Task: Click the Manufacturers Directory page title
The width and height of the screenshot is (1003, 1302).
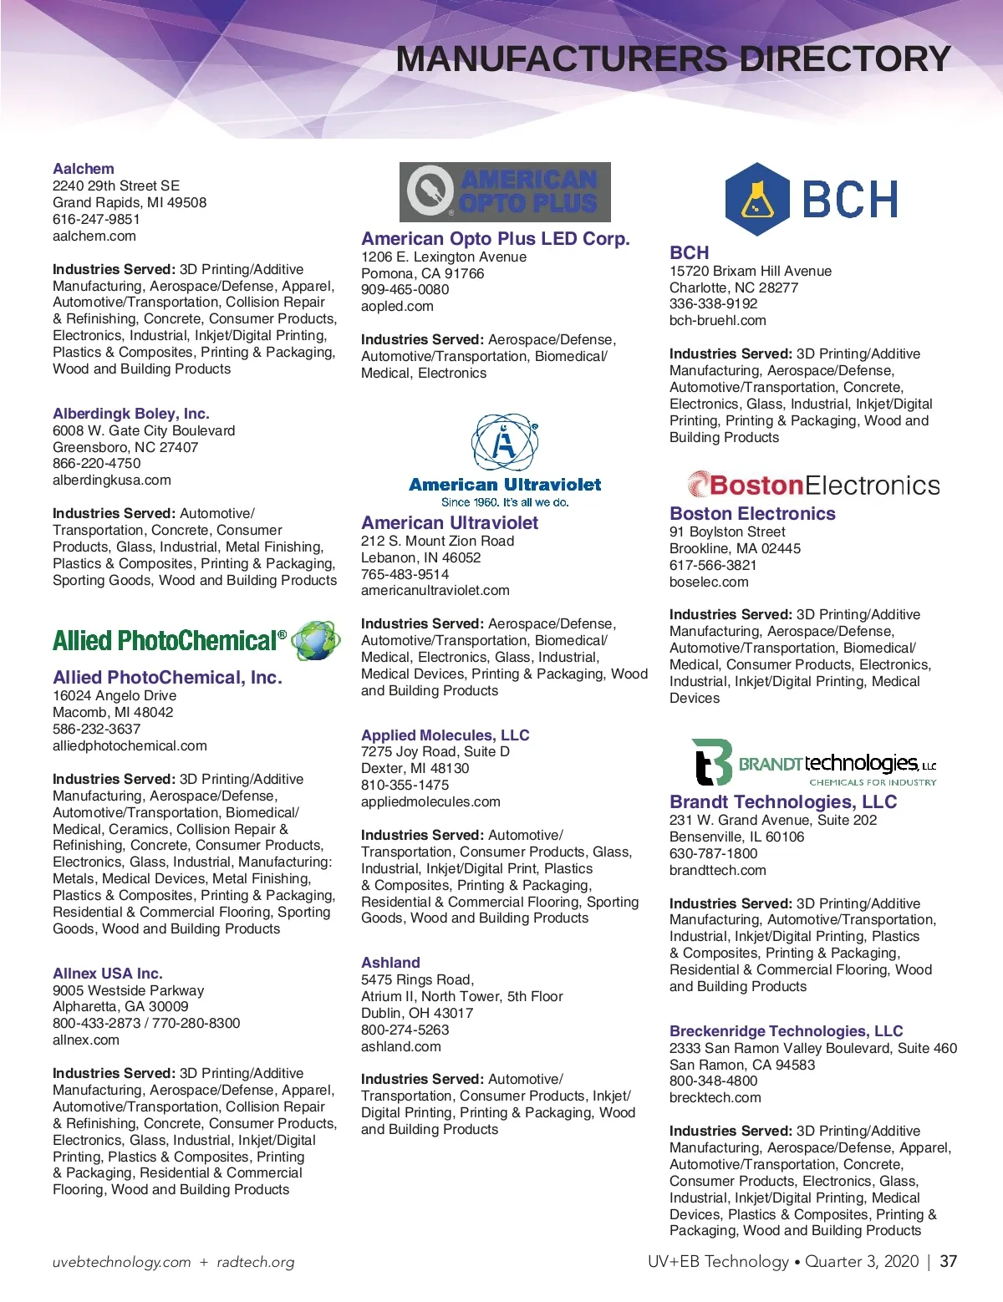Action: click(x=673, y=59)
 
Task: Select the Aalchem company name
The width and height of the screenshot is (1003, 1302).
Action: click(x=84, y=169)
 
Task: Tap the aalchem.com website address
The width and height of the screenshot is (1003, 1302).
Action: click(x=94, y=236)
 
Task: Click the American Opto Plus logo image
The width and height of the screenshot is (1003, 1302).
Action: click(x=505, y=192)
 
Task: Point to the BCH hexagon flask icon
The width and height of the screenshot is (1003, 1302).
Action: click(x=757, y=199)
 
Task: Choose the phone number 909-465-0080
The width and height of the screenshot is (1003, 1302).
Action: click(x=405, y=289)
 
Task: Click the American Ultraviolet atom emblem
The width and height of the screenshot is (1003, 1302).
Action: click(x=505, y=443)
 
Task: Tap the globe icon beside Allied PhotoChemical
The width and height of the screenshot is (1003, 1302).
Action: click(x=317, y=641)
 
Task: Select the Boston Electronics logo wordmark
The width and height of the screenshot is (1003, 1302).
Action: click(x=814, y=485)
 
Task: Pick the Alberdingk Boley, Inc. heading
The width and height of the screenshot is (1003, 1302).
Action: click(x=131, y=414)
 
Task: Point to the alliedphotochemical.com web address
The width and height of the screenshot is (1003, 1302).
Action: click(x=130, y=745)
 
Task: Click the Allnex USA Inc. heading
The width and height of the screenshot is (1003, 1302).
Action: click(x=108, y=974)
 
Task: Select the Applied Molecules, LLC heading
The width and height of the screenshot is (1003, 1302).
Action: click(x=445, y=735)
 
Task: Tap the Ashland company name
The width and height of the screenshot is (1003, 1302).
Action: click(x=390, y=963)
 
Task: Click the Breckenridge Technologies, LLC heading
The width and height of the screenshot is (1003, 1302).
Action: click(x=786, y=1031)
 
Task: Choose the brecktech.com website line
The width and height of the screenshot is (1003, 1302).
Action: click(x=715, y=1097)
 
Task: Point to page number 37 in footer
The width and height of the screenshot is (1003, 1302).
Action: click(x=948, y=1262)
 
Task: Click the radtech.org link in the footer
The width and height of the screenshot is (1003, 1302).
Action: click(x=256, y=1263)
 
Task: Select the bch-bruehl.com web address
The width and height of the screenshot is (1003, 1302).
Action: click(x=717, y=320)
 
